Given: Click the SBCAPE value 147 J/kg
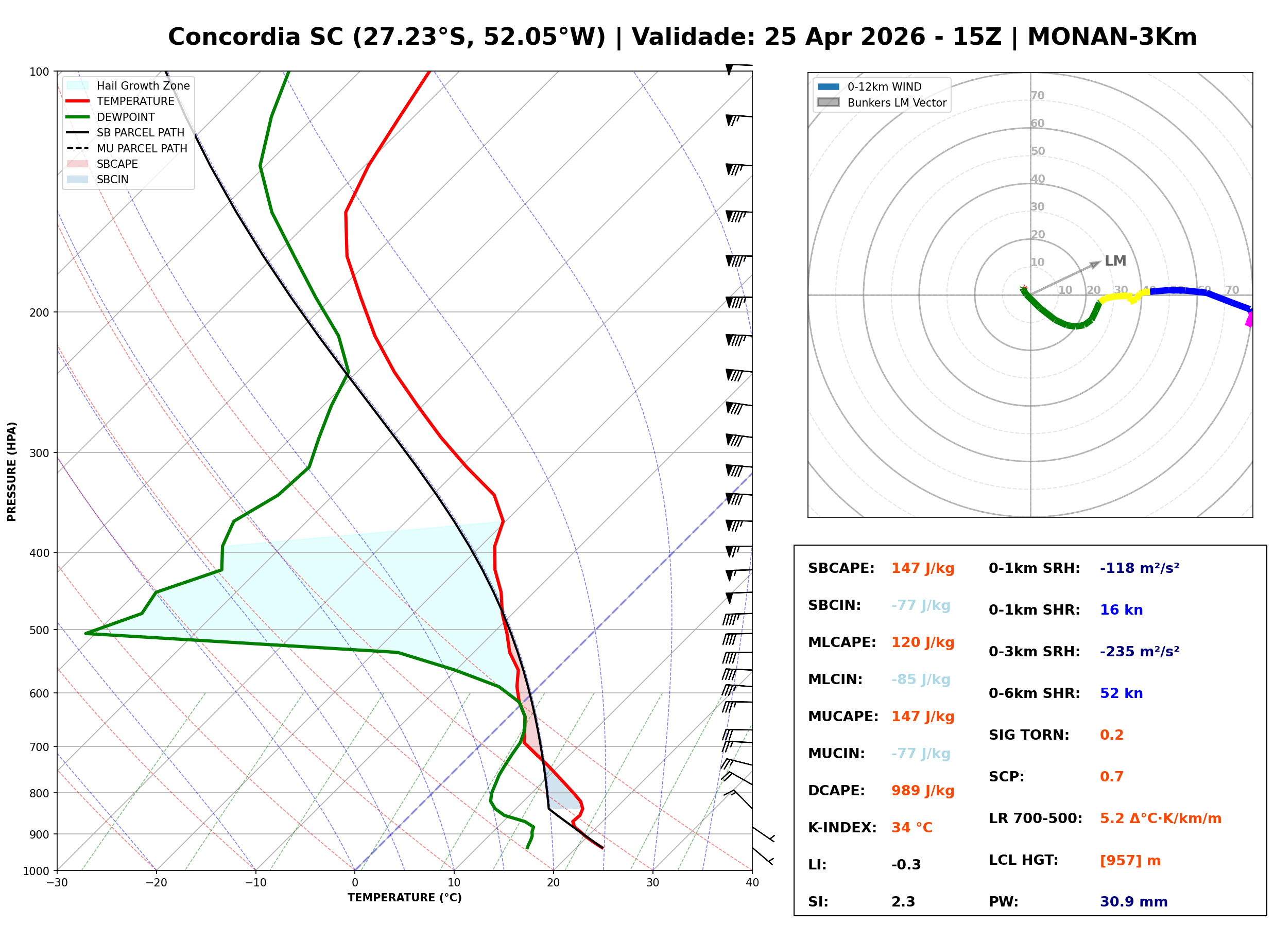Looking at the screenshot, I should pyautogui.click(x=922, y=568).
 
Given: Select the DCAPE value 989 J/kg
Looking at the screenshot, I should pyautogui.click(x=922, y=791).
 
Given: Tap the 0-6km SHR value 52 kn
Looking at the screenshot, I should pyautogui.click(x=1121, y=693).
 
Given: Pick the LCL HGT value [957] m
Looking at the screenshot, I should pyautogui.click(x=1130, y=861).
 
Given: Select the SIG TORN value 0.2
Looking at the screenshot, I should pyautogui.click(x=1111, y=735).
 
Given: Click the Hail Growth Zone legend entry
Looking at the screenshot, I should pyautogui.click(x=143, y=85).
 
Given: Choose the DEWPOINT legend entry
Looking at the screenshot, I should pyautogui.click(x=126, y=117).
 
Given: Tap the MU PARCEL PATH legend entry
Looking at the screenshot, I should pyautogui.click(x=142, y=148).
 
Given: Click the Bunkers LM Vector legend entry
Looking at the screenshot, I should pyautogui.click(x=897, y=102).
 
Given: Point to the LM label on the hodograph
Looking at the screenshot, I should pyautogui.click(x=1115, y=260).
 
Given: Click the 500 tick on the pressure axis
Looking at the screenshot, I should pyautogui.click(x=39, y=630).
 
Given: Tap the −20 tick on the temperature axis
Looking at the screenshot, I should pyautogui.click(x=156, y=883).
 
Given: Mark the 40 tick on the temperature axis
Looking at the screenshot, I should pyautogui.click(x=752, y=883).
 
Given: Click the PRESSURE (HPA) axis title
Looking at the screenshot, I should pyautogui.click(x=12, y=472).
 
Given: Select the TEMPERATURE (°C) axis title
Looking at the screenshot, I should pyautogui.click(x=404, y=898).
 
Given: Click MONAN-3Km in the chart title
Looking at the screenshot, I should pyautogui.click(x=1111, y=37).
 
